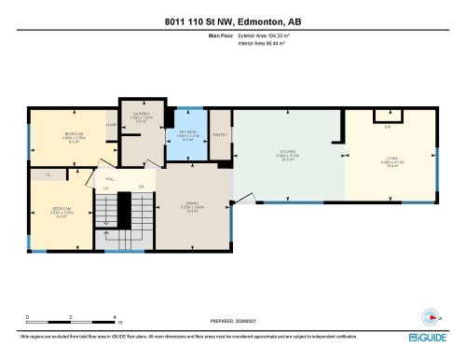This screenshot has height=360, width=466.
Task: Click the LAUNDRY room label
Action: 140,115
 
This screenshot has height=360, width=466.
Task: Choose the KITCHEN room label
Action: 286,152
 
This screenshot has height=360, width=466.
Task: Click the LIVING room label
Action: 391,159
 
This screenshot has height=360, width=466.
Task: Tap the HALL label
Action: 110,177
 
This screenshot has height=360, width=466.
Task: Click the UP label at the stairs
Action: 105,189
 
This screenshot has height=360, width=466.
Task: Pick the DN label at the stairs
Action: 141,188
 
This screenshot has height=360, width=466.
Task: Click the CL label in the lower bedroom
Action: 47,173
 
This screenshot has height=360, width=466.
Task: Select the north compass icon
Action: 431,313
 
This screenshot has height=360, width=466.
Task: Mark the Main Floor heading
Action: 220,35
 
